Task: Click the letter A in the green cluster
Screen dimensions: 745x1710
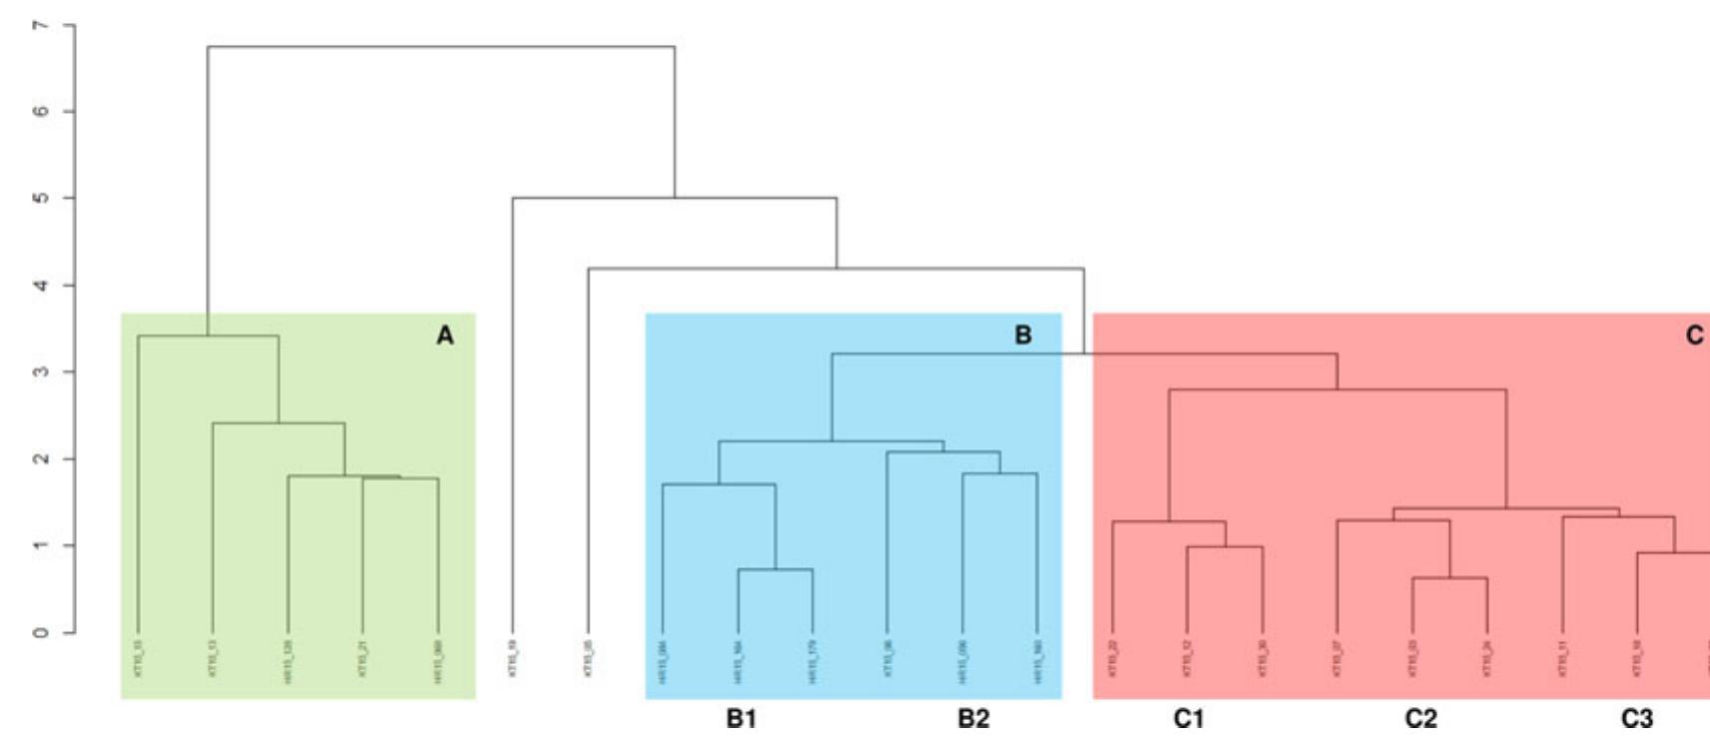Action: pyautogui.click(x=445, y=336)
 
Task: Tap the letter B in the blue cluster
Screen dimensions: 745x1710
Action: pyautogui.click(x=1023, y=336)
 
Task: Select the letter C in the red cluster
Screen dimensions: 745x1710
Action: pyautogui.click(x=1694, y=336)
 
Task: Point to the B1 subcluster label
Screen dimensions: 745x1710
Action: pyautogui.click(x=741, y=719)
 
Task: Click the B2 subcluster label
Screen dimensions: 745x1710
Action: pyautogui.click(x=973, y=719)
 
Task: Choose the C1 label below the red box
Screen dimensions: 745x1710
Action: pyautogui.click(x=1189, y=719)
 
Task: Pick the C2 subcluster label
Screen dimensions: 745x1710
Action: pyautogui.click(x=1421, y=719)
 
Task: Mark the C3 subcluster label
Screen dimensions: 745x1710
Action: pyautogui.click(x=1637, y=719)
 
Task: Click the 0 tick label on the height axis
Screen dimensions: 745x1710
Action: pyautogui.click(x=41, y=633)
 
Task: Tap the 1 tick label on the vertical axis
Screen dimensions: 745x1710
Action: pyautogui.click(x=41, y=546)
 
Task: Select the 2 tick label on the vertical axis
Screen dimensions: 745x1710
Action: pyautogui.click(x=41, y=459)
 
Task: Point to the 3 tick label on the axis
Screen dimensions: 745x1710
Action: pyautogui.click(x=41, y=372)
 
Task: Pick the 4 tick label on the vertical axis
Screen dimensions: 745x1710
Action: pyautogui.click(x=41, y=286)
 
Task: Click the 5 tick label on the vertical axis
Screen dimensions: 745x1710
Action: pyautogui.click(x=41, y=199)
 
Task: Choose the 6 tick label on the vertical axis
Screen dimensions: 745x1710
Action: pyautogui.click(x=41, y=112)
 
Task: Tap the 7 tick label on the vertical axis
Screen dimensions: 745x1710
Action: pyautogui.click(x=41, y=25)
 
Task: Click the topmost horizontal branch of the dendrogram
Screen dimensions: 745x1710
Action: pyautogui.click(x=439, y=46)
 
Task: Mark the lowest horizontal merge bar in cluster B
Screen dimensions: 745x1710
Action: pyautogui.click(x=776, y=569)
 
